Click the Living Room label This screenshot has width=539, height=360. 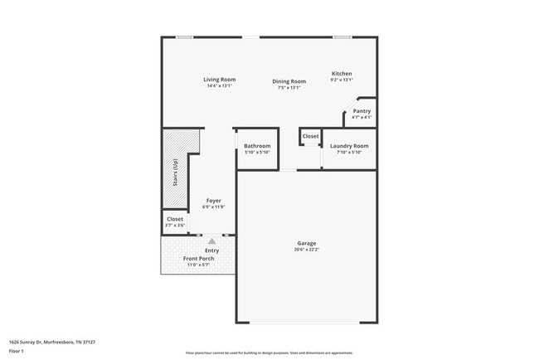pyautogui.click(x=220, y=80)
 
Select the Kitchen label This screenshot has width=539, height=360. pyautogui.click(x=342, y=74)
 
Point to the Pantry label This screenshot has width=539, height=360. pyautogui.click(x=362, y=111)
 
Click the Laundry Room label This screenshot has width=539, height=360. pyautogui.click(x=349, y=146)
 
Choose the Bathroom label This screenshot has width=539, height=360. pyautogui.click(x=256, y=146)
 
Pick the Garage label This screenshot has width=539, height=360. pyautogui.click(x=306, y=243)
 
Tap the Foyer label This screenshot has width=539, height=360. pyautogui.click(x=213, y=201)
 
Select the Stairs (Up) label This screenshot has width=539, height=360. pyautogui.click(x=175, y=172)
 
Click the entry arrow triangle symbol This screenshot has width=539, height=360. pyautogui.click(x=211, y=241)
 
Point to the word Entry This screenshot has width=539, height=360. pyautogui.click(x=212, y=251)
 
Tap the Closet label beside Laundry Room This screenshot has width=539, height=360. pyautogui.click(x=310, y=136)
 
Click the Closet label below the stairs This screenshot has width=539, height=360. pyautogui.click(x=175, y=219)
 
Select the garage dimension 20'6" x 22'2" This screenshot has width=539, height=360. pyautogui.click(x=306, y=250)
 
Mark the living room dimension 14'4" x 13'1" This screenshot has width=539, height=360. pyautogui.click(x=220, y=86)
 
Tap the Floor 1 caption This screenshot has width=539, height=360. pyautogui.click(x=17, y=352)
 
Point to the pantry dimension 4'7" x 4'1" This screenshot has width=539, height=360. pyautogui.click(x=362, y=118)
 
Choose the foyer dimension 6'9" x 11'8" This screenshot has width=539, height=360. pyautogui.click(x=213, y=207)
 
